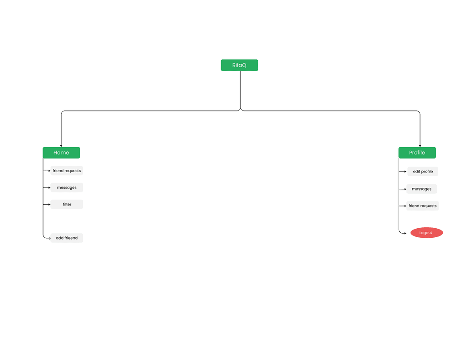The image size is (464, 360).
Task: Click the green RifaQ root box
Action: [239, 65]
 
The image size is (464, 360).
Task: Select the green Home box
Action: [61, 153]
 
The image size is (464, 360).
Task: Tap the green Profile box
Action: [417, 153]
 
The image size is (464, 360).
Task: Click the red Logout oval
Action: [427, 233]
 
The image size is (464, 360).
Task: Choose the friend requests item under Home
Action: [67, 171]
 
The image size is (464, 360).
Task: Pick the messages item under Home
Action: [67, 187]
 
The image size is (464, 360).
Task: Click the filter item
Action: [67, 204]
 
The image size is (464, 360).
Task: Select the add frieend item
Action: [67, 238]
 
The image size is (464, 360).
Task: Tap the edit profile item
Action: [423, 171]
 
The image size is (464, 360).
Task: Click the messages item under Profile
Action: [422, 189]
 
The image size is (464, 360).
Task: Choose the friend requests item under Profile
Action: [423, 206]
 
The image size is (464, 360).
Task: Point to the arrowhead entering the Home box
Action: [61, 146]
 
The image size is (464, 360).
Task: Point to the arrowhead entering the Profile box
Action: [420, 146]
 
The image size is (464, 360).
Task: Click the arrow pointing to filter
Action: [47, 204]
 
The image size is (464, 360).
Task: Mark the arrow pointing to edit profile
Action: [402, 172]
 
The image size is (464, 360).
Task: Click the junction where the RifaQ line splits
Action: [241, 110]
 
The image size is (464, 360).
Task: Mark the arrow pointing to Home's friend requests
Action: [47, 171]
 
